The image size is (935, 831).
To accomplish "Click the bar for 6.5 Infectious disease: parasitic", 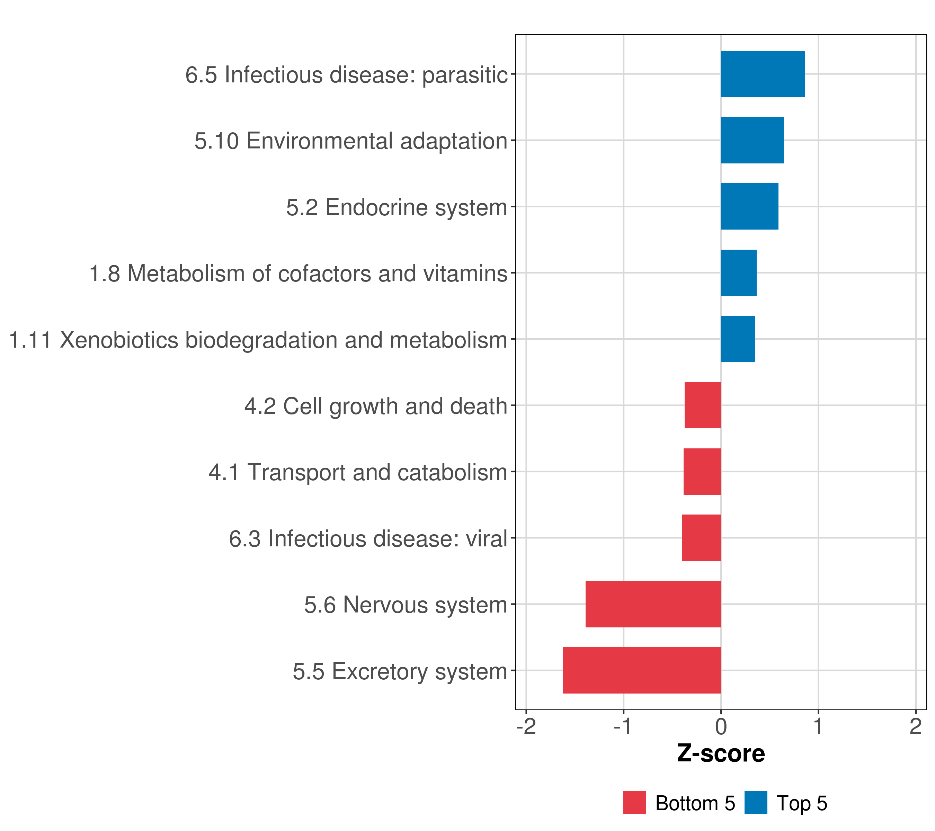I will click(763, 74).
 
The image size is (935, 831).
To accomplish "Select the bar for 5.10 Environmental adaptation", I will click(752, 141).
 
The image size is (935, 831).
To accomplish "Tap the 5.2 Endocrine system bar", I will click(749, 207).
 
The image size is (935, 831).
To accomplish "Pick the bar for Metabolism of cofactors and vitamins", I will click(738, 273).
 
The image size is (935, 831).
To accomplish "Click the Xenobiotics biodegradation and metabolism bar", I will click(737, 339).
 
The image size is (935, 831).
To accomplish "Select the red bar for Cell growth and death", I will click(703, 405).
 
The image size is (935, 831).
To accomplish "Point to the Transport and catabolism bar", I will click(702, 472).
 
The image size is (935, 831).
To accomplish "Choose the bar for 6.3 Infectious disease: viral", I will click(701, 538).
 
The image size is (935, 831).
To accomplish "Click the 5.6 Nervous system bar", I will click(653, 604).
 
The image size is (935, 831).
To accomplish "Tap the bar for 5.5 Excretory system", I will click(642, 670).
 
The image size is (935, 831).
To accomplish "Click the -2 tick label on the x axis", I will click(526, 727).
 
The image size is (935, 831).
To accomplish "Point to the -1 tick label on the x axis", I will click(623, 727).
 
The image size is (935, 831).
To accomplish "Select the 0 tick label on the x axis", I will click(721, 727).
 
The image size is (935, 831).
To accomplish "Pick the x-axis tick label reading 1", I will click(818, 727).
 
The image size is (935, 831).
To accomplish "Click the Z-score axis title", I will click(721, 754).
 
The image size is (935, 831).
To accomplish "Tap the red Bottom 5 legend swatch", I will click(634, 803).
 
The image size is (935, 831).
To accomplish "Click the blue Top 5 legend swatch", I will click(756, 803).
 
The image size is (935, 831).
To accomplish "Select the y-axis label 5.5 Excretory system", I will click(400, 671).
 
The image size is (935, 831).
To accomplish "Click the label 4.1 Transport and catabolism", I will click(358, 472).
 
